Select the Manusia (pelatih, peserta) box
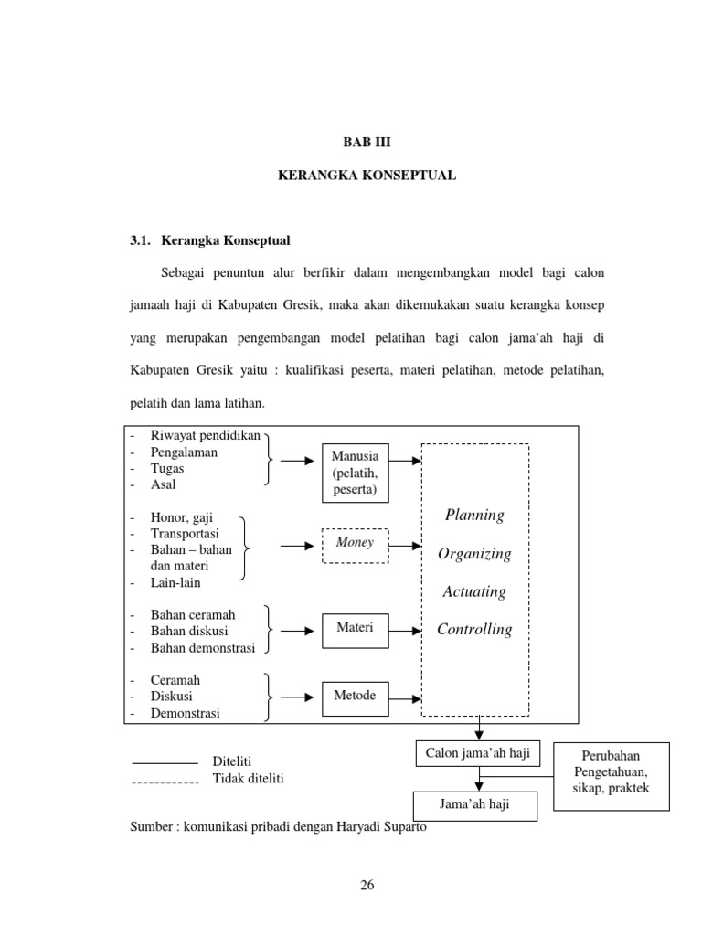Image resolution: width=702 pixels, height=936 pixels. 355,473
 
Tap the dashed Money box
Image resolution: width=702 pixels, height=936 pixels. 355,543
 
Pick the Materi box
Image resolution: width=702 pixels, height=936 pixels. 355,627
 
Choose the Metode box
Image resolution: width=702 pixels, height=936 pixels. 355,696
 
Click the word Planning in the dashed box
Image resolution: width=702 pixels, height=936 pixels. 474,515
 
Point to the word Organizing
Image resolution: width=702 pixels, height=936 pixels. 474,554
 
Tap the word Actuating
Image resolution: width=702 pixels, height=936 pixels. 474,591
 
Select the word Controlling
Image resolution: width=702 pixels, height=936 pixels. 474,630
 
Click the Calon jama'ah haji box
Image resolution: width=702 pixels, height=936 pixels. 478,753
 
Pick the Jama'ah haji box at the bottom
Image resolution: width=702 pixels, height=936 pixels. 474,805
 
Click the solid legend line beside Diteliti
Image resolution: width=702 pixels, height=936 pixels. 165,762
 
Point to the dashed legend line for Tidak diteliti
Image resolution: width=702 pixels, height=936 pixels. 165,782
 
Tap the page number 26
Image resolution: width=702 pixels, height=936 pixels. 367,885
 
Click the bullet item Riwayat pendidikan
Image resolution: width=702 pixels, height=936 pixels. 206,435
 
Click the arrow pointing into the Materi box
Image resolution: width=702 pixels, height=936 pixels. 296,630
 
